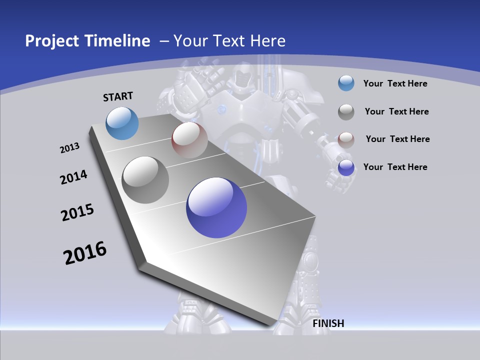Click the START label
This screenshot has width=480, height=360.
118,96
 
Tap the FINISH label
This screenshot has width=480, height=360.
328,323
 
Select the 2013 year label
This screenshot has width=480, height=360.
69,148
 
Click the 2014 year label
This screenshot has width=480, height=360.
73,177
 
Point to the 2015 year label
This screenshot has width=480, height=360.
77,212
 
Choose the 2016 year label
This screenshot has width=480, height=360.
85,253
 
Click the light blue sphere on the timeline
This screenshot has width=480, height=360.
122,123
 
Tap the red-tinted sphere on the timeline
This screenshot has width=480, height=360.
189,140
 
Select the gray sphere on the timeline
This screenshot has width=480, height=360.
145,180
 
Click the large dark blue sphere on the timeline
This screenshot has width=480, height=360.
216,207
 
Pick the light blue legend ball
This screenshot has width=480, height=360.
346,83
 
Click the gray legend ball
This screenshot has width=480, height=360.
346,112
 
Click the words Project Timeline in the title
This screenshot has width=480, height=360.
87,41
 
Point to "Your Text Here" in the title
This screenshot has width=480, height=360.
229,41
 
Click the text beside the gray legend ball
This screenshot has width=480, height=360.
396,111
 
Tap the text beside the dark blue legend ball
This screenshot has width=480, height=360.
395,167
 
